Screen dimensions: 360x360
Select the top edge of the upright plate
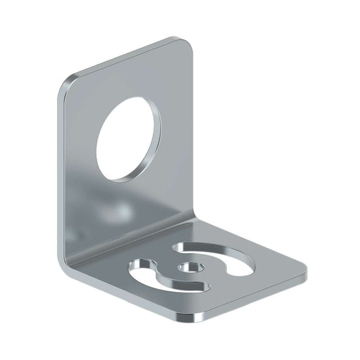(x=127, y=56)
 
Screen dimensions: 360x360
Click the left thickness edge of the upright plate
(x=59, y=176)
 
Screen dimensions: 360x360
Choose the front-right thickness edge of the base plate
(x=253, y=295)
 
